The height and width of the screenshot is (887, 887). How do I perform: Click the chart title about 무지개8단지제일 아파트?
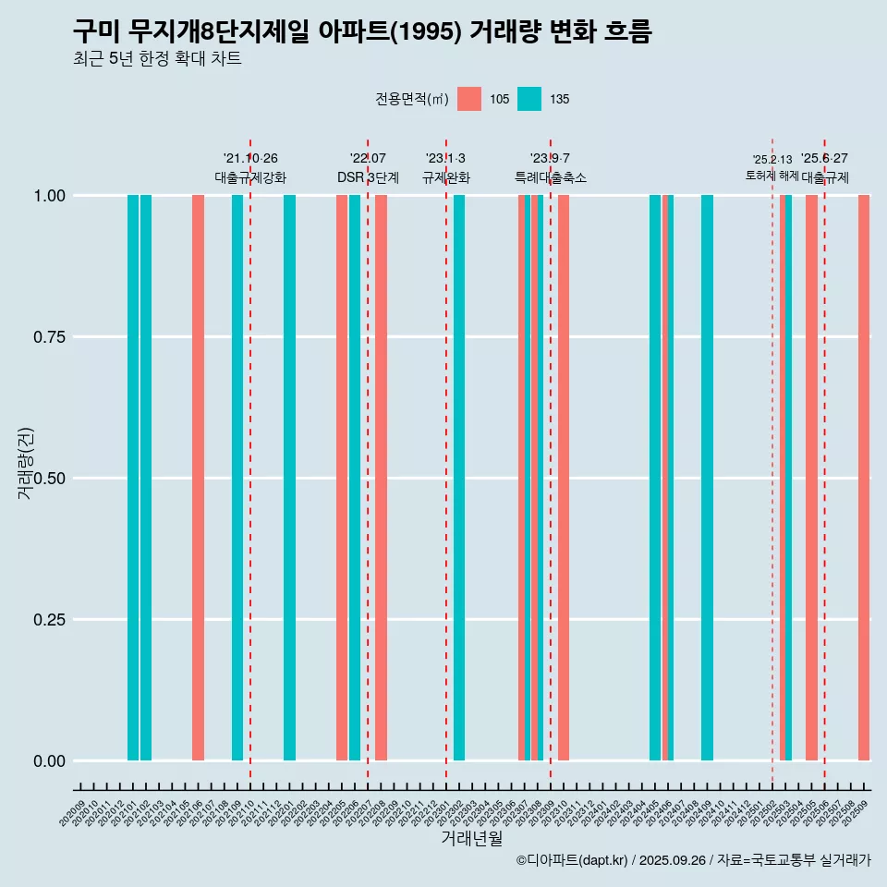pyautogui.click(x=362, y=32)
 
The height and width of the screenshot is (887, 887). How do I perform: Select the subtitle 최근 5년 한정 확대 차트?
pyautogui.click(x=157, y=60)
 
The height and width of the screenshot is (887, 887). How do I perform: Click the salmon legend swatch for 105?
pyautogui.click(x=469, y=99)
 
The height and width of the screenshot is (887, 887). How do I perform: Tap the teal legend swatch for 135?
pyautogui.click(x=529, y=99)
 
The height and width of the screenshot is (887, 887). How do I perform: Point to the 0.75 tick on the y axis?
pyautogui.click(x=49, y=337)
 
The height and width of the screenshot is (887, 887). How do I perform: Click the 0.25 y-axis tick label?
pyautogui.click(x=49, y=620)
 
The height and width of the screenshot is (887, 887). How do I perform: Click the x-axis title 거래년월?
pyautogui.click(x=471, y=839)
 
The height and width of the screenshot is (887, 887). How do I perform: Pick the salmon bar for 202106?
pyautogui.click(x=198, y=478)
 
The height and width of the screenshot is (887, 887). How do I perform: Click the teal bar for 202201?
pyautogui.click(x=289, y=478)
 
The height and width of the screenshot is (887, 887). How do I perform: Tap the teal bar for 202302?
pyautogui.click(x=459, y=478)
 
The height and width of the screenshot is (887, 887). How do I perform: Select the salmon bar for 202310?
pyautogui.click(x=564, y=478)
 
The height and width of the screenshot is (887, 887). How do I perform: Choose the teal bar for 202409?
pyautogui.click(x=707, y=478)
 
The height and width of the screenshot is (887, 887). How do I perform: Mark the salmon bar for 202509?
pyautogui.click(x=864, y=478)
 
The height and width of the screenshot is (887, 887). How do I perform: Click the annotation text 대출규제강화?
pyautogui.click(x=250, y=177)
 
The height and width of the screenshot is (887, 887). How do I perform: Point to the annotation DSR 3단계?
pyautogui.click(x=368, y=177)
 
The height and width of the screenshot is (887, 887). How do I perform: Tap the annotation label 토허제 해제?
pyautogui.click(x=772, y=176)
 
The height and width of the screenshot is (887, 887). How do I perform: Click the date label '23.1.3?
pyautogui.click(x=445, y=158)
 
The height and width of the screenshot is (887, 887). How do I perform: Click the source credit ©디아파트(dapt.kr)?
pyautogui.click(x=573, y=860)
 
